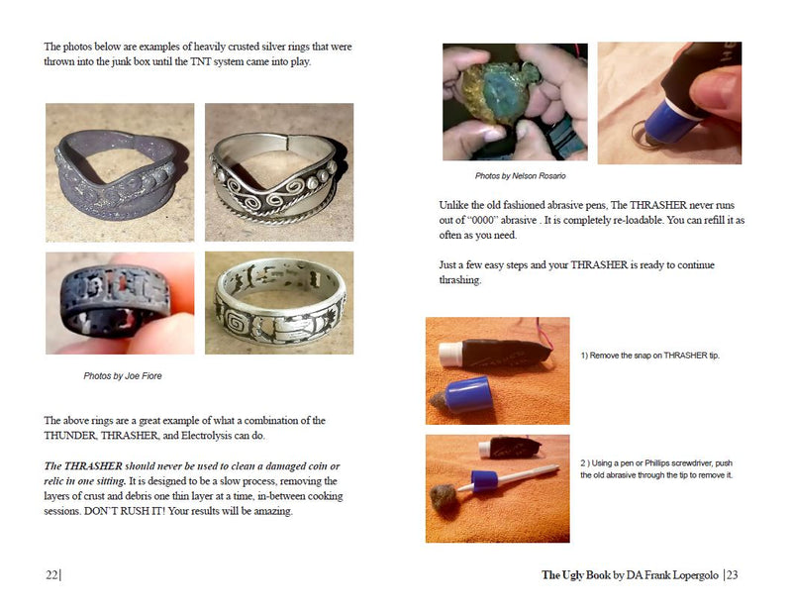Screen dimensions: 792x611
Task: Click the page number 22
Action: click(x=51, y=575)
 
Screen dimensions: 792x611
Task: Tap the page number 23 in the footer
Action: click(x=733, y=575)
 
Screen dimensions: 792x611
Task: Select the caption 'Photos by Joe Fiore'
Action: click(x=123, y=376)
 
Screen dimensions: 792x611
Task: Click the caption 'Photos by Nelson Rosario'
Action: click(x=521, y=176)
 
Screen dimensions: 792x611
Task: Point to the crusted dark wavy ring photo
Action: click(x=119, y=172)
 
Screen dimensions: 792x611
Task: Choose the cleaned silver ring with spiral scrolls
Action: click(x=279, y=172)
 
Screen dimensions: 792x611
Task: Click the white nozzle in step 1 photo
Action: click(x=450, y=354)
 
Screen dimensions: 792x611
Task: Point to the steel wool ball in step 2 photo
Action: click(x=444, y=498)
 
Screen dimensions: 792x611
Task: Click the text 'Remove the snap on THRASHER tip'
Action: click(x=653, y=356)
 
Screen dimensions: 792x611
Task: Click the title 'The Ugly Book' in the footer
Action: click(x=576, y=575)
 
